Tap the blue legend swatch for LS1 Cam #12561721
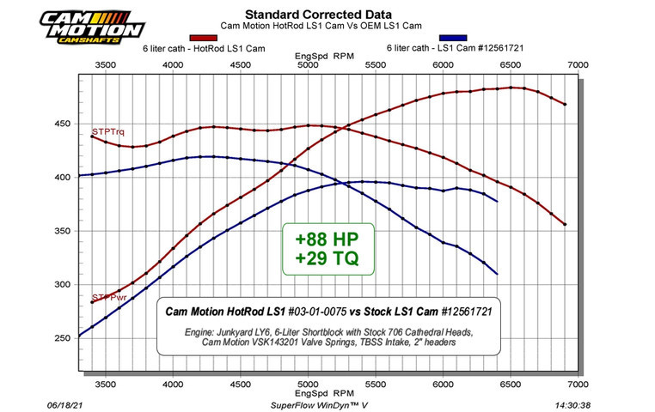click(x=453, y=39)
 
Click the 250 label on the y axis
click(x=63, y=338)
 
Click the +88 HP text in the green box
click(x=328, y=236)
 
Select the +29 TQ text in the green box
click(x=328, y=257)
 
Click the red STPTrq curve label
click(x=107, y=131)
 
